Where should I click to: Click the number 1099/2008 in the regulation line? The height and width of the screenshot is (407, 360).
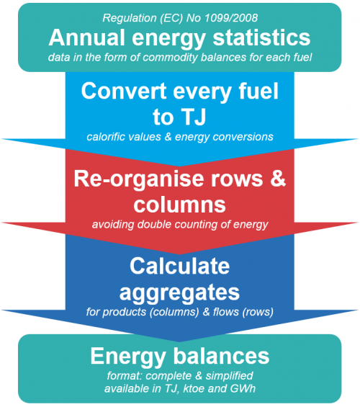click(x=231, y=18)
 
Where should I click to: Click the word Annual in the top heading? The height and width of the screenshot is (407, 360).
click(x=87, y=37)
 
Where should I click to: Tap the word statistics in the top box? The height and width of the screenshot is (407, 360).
click(x=261, y=37)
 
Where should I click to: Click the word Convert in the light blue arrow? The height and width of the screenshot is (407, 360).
click(x=124, y=91)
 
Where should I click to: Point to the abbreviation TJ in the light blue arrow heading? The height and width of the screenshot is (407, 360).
click(x=193, y=117)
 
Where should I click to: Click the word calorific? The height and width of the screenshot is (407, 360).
click(x=105, y=137)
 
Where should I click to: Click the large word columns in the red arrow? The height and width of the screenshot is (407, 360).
click(x=180, y=205)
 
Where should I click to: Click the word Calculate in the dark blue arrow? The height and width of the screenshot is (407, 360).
click(x=180, y=266)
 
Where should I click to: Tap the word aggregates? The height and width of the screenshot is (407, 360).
click(x=179, y=293)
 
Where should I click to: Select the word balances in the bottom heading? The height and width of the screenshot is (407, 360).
click(x=221, y=356)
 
